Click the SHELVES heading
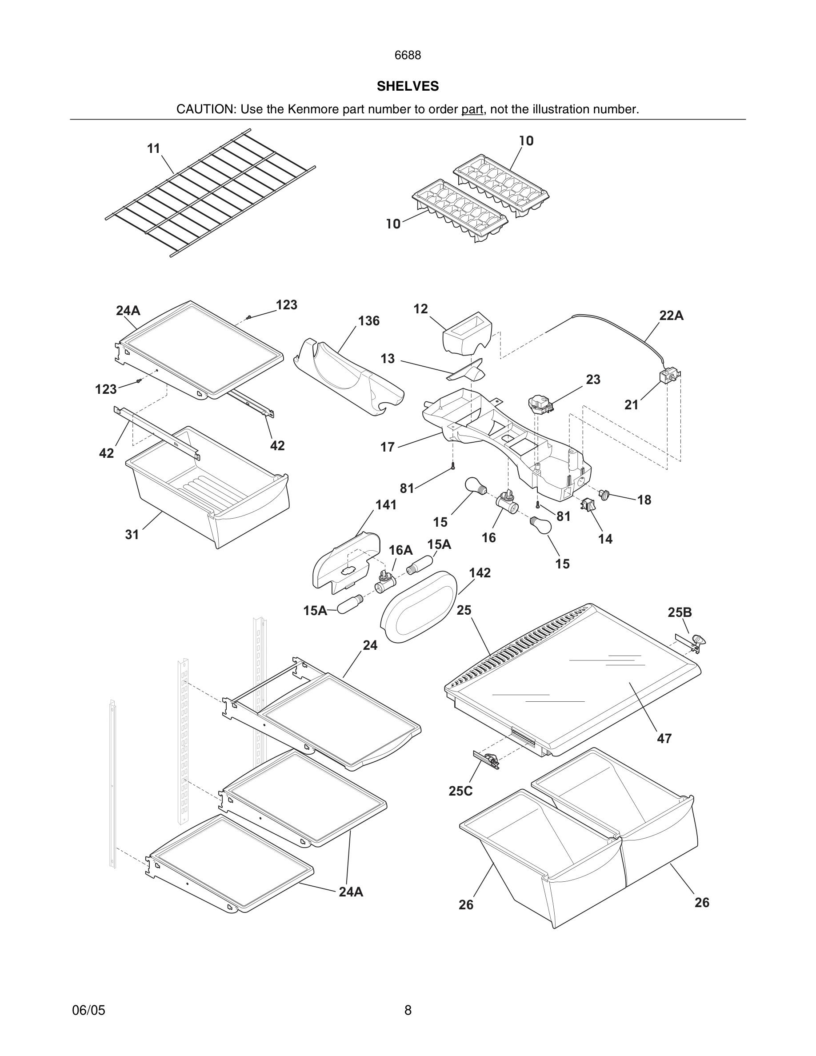[x=408, y=86]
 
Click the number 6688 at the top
[x=408, y=56]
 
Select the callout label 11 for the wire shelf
[x=153, y=148]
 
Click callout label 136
[x=368, y=321]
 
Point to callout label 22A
[x=671, y=316]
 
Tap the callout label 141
[x=386, y=505]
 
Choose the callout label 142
[x=480, y=573]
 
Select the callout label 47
[x=664, y=738]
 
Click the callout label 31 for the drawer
[x=132, y=535]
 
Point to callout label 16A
[x=400, y=550]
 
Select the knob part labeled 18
[x=604, y=494]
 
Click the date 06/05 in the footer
[x=88, y=1010]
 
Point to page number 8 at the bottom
[x=408, y=1010]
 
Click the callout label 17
[x=387, y=447]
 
